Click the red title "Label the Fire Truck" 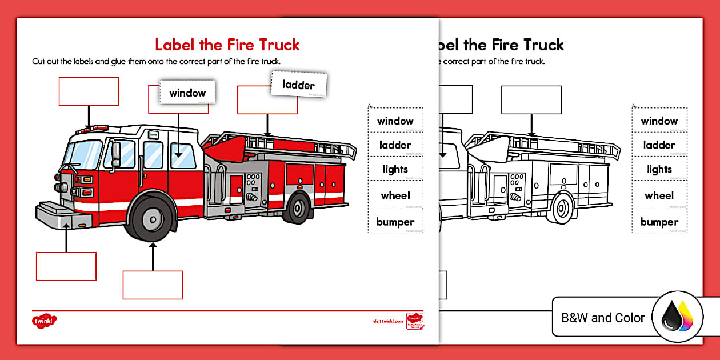point(227,45)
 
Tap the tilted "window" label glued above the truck point(187,93)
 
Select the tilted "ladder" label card point(298,85)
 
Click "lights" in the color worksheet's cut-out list point(395,169)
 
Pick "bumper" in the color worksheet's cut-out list point(395,222)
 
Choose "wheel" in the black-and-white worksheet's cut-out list point(659,195)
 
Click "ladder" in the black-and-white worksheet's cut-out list point(659,145)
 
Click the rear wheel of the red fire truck point(297,208)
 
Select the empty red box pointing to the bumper point(66,266)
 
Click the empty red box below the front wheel point(153,285)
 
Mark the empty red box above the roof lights point(89,91)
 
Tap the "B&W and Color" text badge point(603,318)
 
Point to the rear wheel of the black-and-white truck point(563,208)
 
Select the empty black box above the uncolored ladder point(531,99)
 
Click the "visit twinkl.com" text point(387,321)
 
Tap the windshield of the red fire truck point(83,154)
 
